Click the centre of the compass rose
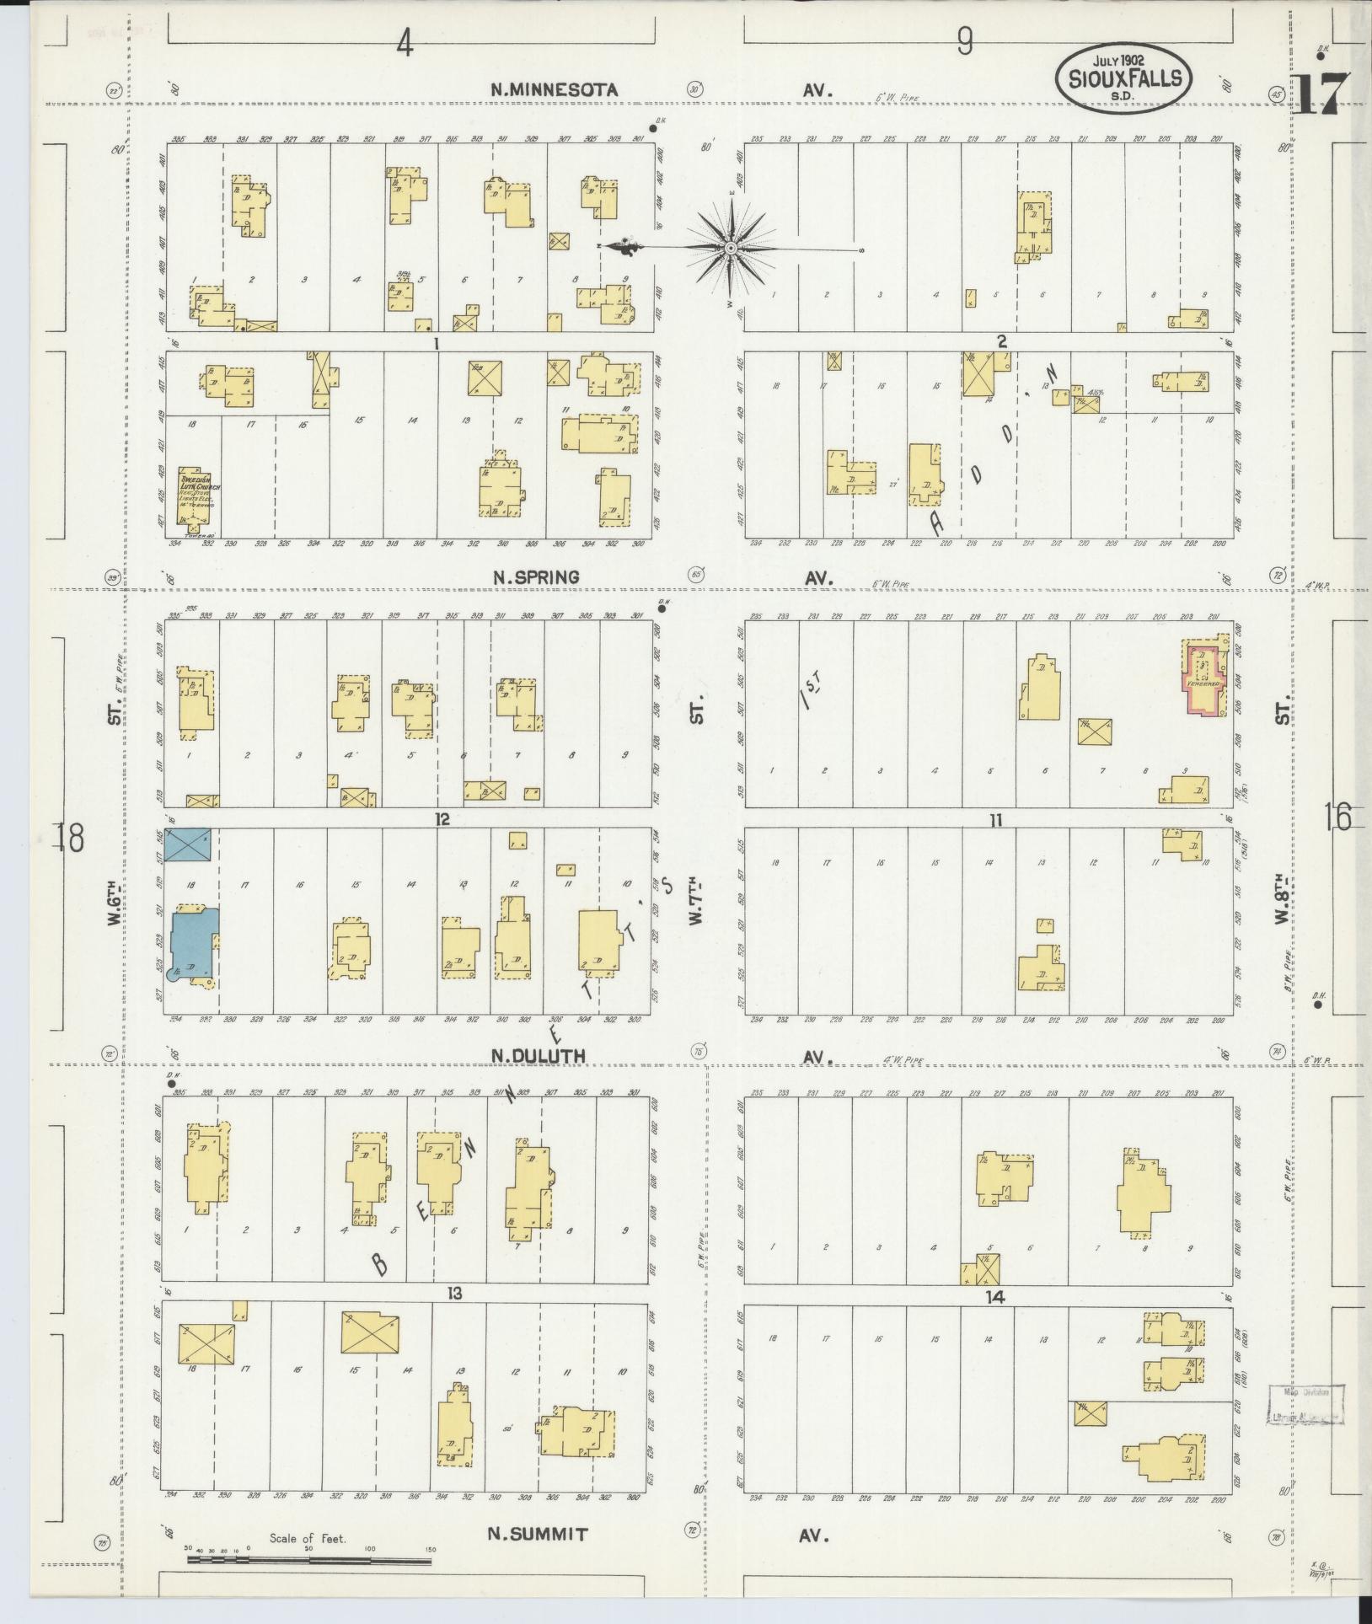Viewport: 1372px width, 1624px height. point(731,249)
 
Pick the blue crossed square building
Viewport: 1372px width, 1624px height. point(187,844)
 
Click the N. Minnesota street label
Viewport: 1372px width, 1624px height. point(555,89)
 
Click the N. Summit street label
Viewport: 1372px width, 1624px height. point(537,1534)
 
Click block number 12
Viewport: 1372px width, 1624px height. point(443,818)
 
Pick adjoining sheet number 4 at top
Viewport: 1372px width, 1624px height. point(405,43)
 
